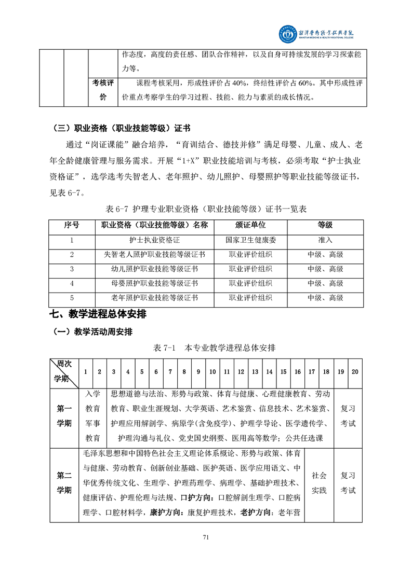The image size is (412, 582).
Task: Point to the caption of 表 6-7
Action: tap(206, 209)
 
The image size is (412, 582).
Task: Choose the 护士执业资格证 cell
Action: tap(154, 240)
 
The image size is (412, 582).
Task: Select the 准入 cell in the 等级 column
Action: tap(325, 240)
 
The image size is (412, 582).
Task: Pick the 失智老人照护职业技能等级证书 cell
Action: tap(154, 255)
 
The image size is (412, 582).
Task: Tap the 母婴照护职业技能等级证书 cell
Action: tap(154, 284)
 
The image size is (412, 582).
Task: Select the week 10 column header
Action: tap(212, 372)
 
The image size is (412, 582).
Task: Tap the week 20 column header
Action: tap(354, 372)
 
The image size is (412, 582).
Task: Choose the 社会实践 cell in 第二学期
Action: tap(319, 482)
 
